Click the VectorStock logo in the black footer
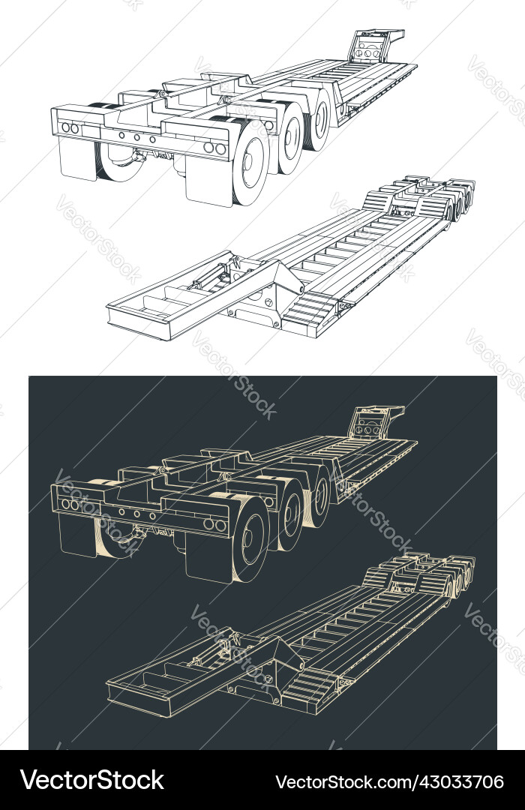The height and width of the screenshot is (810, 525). pos(91,781)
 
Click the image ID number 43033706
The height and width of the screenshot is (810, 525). pos(390,781)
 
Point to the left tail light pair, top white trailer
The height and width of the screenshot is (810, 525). pos(70,128)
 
